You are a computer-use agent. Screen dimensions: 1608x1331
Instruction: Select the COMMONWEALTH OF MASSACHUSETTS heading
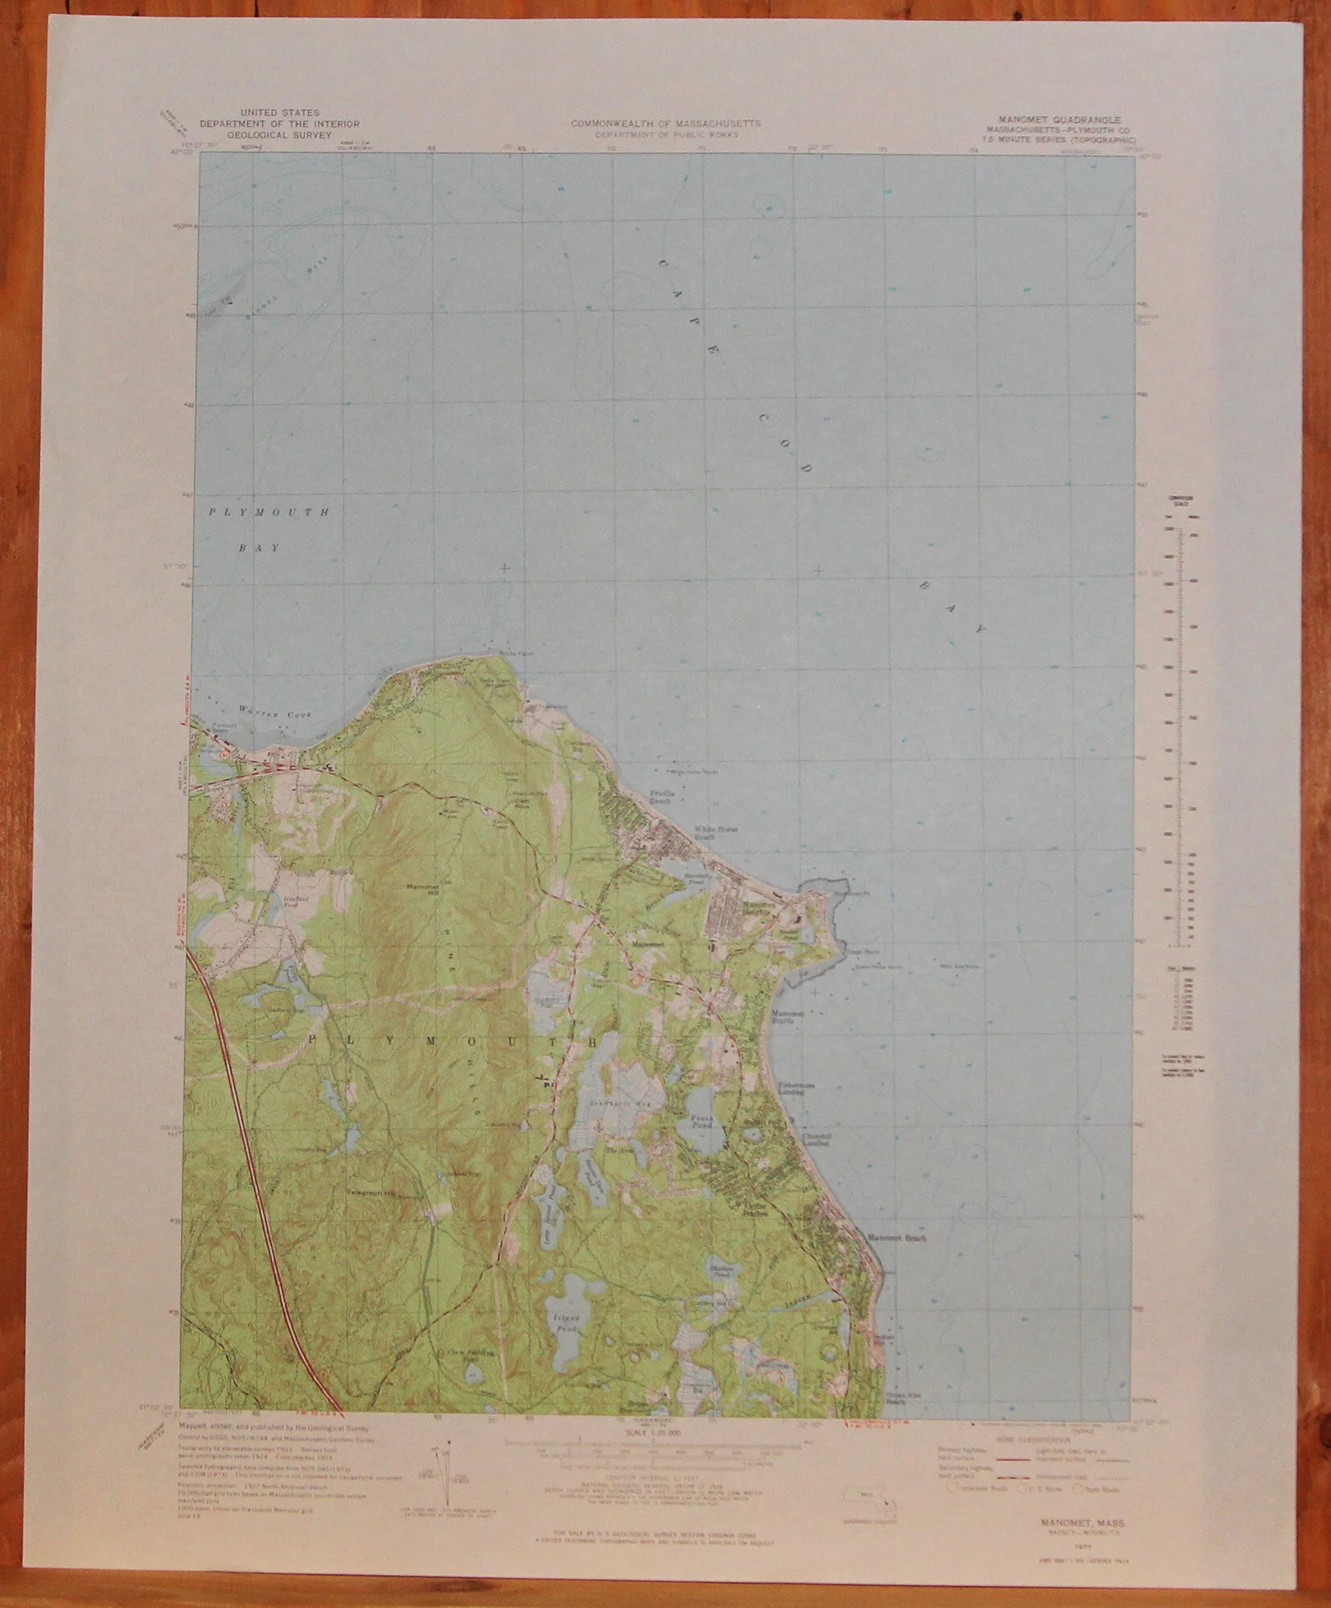coord(665,123)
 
